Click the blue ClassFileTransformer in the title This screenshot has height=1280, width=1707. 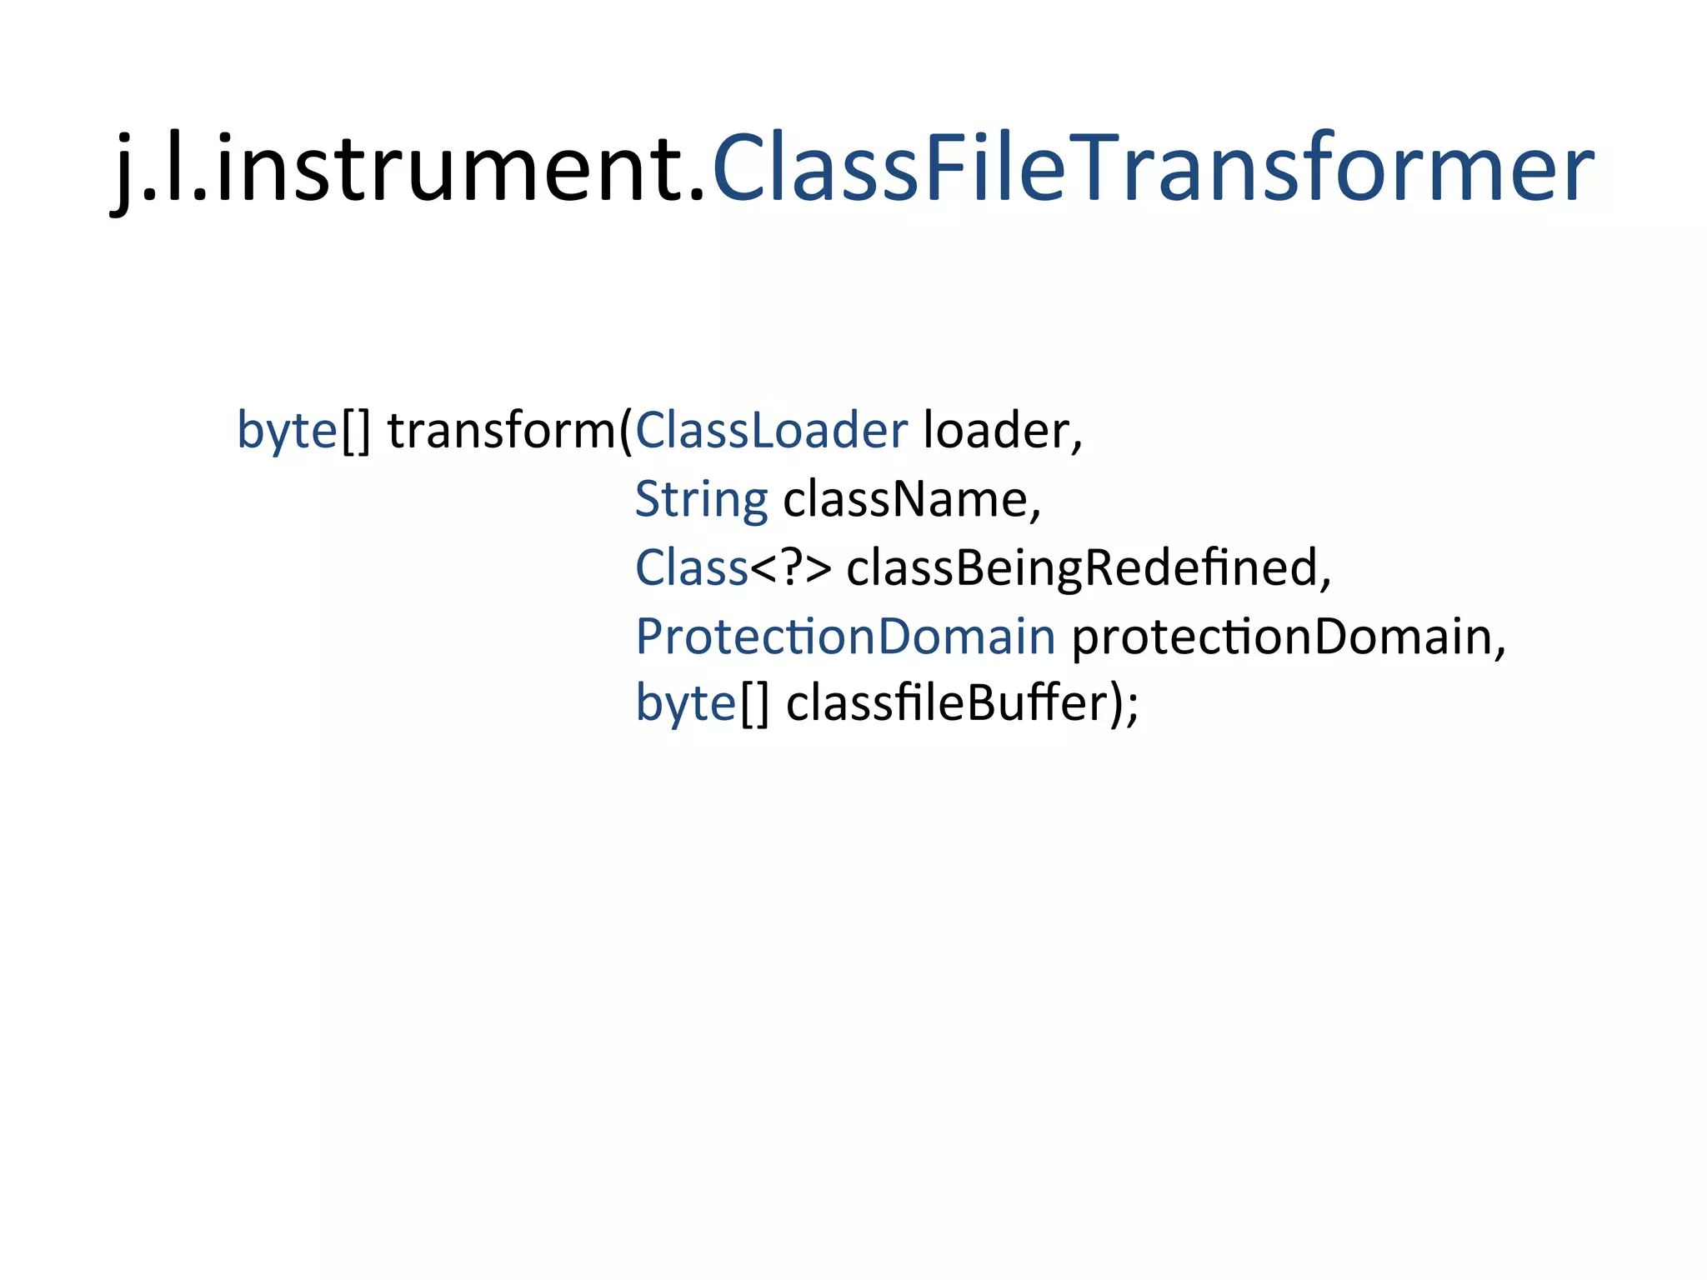[1153, 169]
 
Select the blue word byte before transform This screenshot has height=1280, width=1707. [287, 432]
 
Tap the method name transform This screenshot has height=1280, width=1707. [501, 432]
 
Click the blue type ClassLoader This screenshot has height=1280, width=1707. [771, 432]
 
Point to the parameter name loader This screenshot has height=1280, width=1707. [997, 432]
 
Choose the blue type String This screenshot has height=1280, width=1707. [701, 500]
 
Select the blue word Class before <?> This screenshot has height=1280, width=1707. [691, 568]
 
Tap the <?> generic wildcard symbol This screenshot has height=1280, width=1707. [790, 568]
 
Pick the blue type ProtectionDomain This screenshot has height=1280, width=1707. [845, 637]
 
